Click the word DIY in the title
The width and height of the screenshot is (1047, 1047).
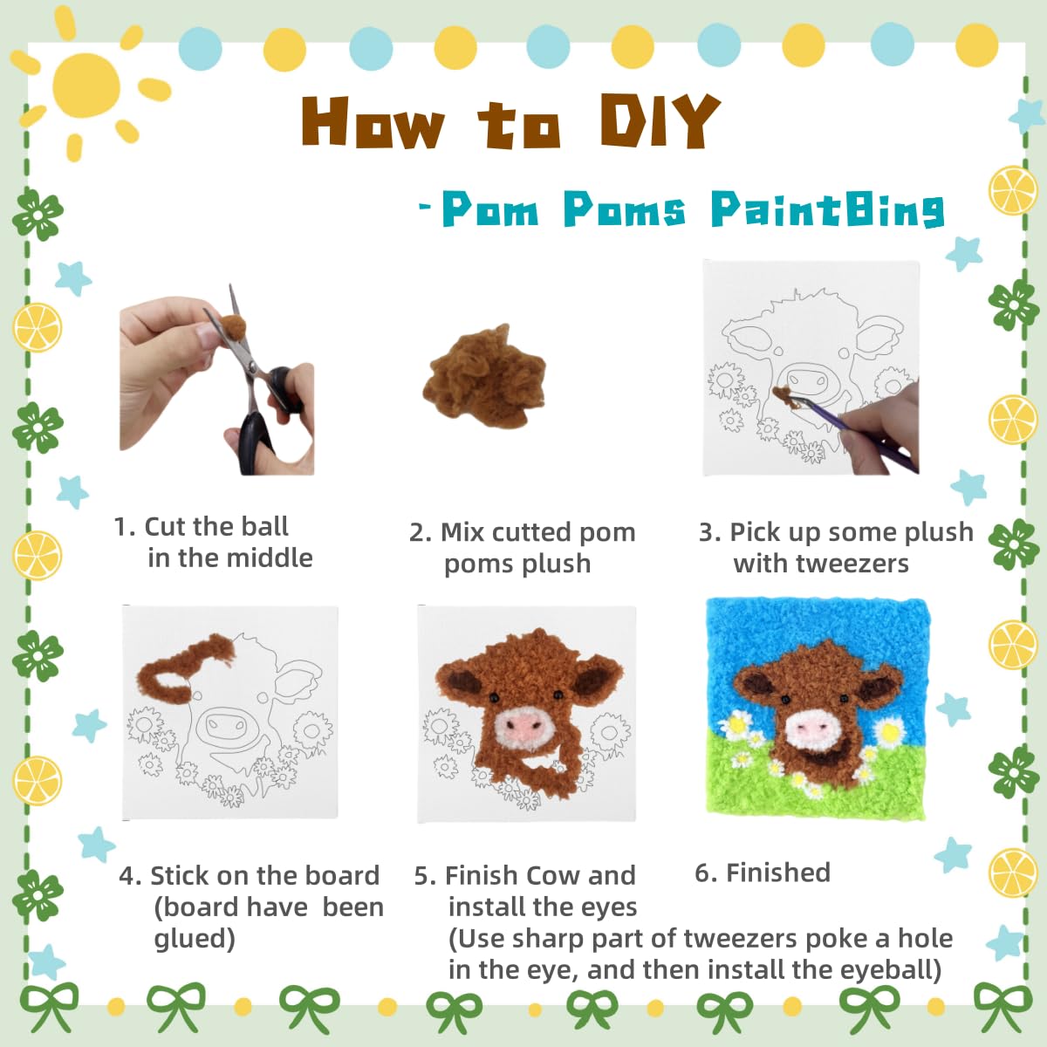660,120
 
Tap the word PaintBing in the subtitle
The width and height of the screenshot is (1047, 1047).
827,209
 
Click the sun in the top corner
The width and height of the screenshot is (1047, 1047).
87,85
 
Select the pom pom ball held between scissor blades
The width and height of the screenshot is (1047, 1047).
233,327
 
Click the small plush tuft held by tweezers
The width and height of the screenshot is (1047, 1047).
784,393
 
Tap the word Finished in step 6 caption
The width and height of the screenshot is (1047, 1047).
778,872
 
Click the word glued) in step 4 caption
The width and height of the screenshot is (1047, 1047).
195,939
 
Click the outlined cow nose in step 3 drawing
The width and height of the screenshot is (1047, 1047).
807,381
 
